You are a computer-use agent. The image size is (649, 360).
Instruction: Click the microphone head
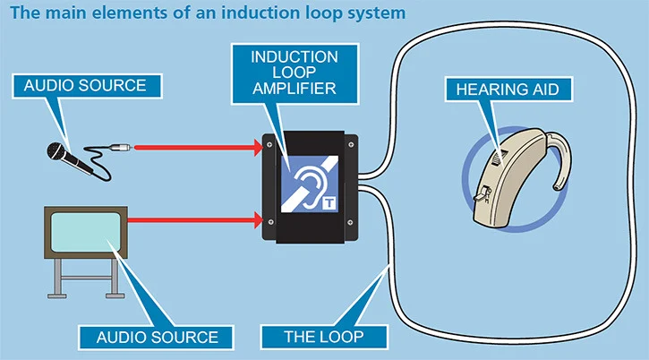pos(56,150)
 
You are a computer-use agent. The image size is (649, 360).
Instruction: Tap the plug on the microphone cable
pos(121,147)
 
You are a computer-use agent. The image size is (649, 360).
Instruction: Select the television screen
pos(86,232)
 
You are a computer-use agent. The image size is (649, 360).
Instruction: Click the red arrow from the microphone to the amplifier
pos(198,148)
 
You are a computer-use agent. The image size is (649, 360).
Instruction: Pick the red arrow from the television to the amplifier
pos(195,219)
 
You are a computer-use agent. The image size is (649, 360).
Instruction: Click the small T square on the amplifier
pos(329,203)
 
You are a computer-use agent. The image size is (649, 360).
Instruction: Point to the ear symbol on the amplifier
pos(308,185)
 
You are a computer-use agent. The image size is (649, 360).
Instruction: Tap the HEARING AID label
pos(508,89)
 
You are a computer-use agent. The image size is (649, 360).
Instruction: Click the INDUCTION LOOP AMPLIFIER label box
pos(295,73)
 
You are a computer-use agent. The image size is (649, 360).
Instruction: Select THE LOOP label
pos(324,337)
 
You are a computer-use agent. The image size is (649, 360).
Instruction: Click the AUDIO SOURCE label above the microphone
pos(87,86)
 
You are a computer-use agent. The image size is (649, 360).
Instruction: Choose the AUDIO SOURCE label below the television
pos(157,338)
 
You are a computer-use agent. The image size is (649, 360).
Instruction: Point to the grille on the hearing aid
pos(499,157)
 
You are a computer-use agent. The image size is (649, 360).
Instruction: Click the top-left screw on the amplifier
pos(269,144)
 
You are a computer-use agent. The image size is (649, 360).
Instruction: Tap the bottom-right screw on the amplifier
pos(350,222)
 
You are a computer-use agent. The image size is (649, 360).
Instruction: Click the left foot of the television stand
pos(57,296)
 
